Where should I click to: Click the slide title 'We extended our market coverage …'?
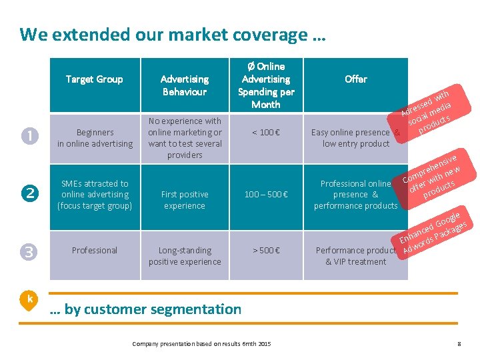(x=173, y=34)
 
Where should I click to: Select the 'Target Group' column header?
(x=94, y=79)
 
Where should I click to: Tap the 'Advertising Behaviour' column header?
(x=185, y=85)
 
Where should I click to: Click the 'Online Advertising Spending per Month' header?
(x=266, y=85)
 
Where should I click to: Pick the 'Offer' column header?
(x=355, y=79)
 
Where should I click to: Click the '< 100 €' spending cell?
(x=266, y=133)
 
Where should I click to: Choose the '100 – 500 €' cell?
(x=266, y=195)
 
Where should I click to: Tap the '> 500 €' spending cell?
(x=266, y=251)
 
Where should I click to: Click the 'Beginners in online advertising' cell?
(x=95, y=138)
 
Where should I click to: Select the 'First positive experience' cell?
(x=185, y=200)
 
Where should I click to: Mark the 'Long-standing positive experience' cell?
(x=185, y=256)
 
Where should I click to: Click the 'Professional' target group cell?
(x=95, y=251)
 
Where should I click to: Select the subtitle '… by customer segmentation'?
(x=146, y=309)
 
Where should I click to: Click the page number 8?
(x=459, y=344)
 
